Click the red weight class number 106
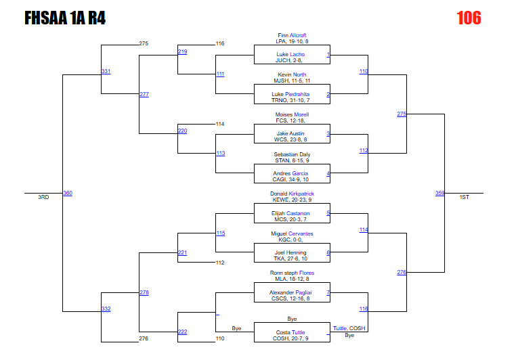469,18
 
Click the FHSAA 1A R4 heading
65,18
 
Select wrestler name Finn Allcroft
292,35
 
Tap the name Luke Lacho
290,54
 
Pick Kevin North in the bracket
292,74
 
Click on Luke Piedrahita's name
290,94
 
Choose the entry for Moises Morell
292,114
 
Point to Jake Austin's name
291,134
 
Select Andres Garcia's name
291,173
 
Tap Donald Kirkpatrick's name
292,194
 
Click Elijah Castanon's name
290,213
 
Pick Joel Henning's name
291,253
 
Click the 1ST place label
464,197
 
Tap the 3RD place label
43,197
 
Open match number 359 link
439,193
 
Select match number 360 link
68,193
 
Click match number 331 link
106,71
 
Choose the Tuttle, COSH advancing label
349,328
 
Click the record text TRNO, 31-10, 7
290,100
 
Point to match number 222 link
182,332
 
